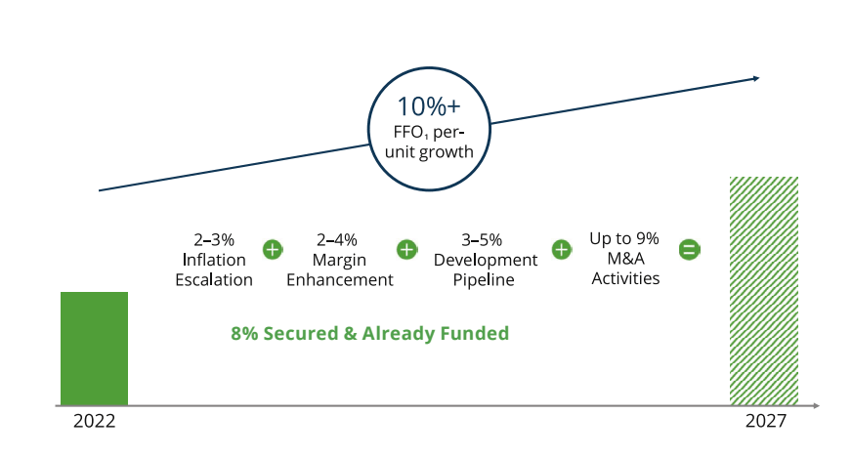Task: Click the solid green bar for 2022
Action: (94, 348)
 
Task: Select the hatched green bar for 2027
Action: (764, 290)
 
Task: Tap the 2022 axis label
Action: (94, 422)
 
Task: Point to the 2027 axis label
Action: (765, 422)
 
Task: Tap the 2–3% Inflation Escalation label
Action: (213, 260)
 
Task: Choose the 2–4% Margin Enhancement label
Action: (339, 260)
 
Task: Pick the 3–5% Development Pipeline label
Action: (486, 260)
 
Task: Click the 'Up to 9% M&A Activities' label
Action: (624, 259)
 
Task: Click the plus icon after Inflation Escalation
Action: (273, 250)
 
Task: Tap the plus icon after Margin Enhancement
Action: (405, 250)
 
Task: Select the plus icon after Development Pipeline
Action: (562, 250)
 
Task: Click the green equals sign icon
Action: (688, 250)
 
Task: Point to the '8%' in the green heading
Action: (242, 333)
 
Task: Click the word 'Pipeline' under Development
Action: (486, 279)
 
